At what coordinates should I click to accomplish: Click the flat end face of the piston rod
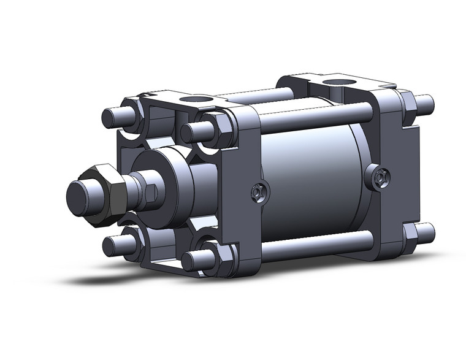click(78, 196)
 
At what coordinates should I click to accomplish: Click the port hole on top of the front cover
click(201, 99)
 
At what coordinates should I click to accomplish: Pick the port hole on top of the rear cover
click(334, 83)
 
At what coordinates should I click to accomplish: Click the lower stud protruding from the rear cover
click(426, 232)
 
